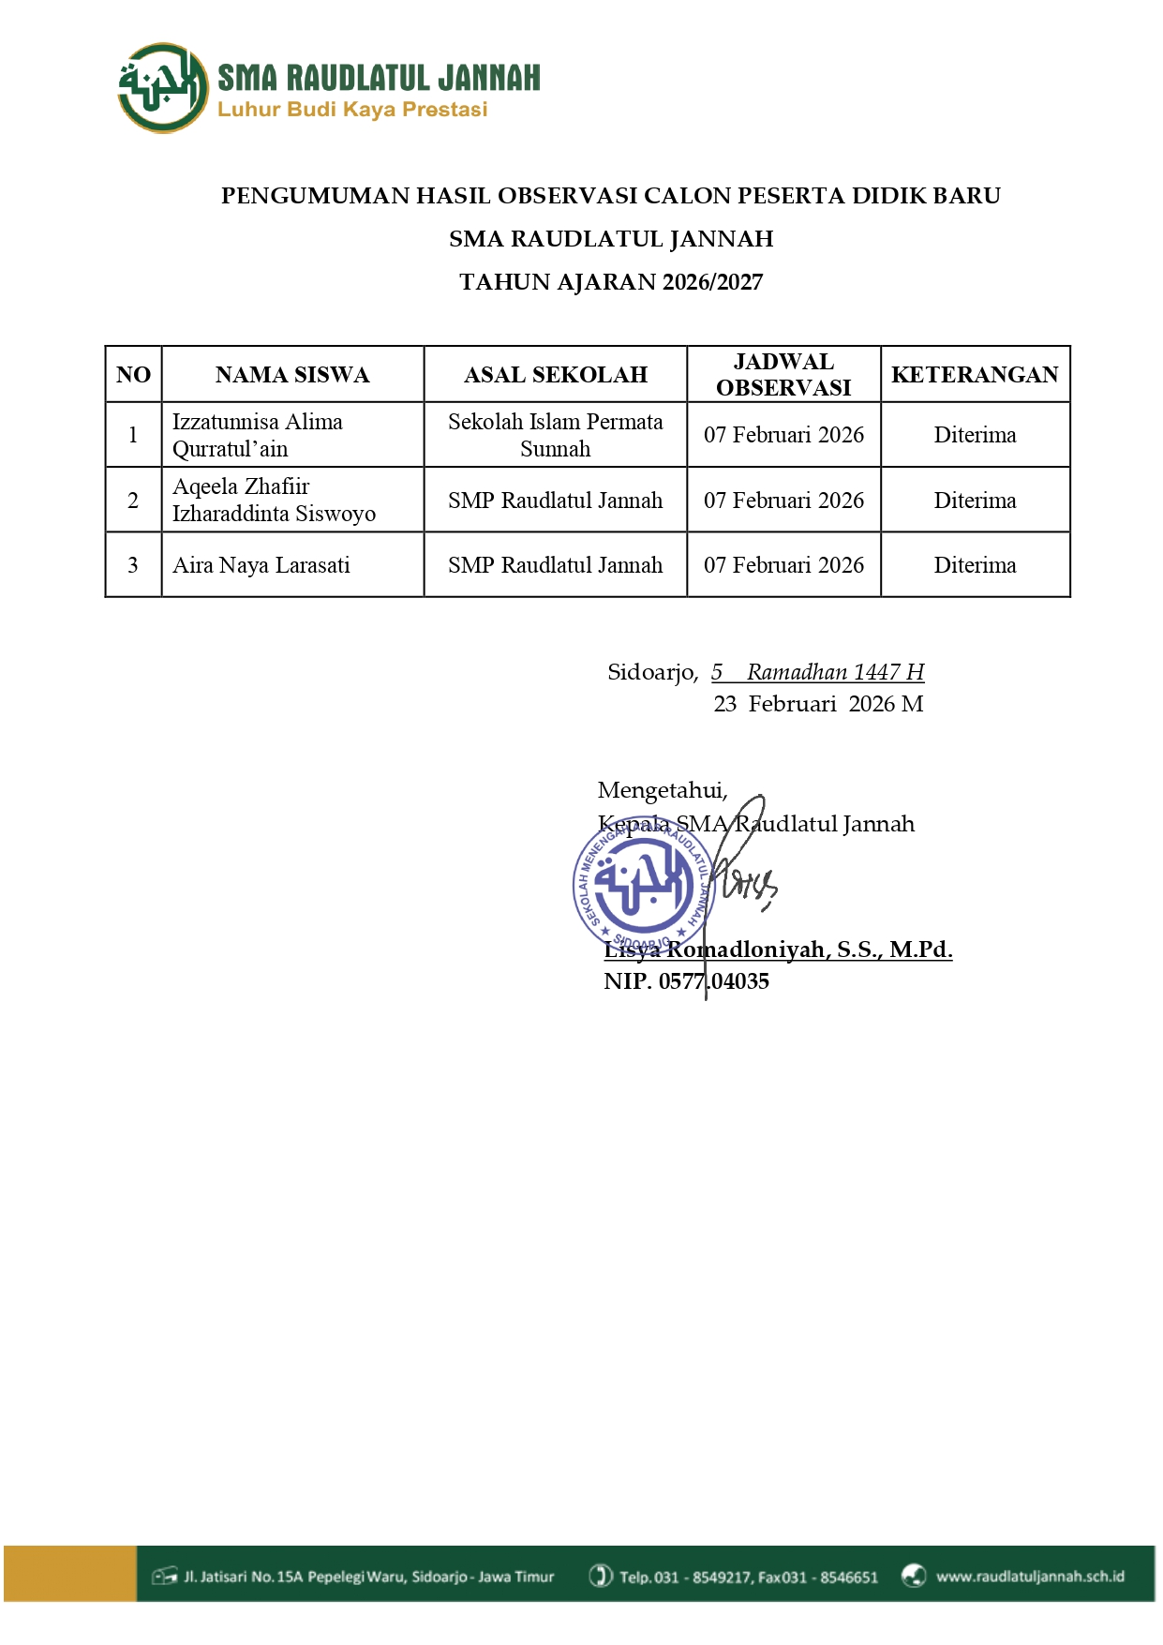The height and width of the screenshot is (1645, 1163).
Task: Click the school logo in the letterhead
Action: coord(162,88)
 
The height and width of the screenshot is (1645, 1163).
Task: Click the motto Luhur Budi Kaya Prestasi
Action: coord(352,110)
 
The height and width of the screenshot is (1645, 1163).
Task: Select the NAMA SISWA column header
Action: coord(292,375)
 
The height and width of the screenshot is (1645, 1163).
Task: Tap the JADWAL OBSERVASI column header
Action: coord(783,375)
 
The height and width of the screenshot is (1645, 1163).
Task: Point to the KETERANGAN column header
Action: coord(975,375)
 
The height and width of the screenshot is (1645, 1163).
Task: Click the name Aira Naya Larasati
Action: coord(261,565)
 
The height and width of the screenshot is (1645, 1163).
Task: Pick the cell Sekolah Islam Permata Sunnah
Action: coord(555,435)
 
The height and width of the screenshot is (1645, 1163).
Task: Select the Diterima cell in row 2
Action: coord(975,501)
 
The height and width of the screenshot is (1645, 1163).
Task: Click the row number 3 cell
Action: coord(133,565)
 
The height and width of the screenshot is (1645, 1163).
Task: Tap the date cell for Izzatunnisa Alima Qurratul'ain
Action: coord(783,435)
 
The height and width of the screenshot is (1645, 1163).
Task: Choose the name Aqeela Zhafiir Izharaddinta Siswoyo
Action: coord(274,501)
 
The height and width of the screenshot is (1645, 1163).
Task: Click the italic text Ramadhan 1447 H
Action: coord(835,672)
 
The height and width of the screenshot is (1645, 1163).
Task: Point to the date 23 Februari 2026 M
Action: coord(818,704)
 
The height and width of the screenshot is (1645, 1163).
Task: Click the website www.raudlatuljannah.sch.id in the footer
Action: coord(1030,1577)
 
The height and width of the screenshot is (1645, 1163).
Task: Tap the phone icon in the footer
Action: coord(601,1577)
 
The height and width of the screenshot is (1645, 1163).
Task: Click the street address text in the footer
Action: coord(369,1577)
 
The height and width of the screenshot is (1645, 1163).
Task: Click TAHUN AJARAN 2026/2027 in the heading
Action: coord(611,282)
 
